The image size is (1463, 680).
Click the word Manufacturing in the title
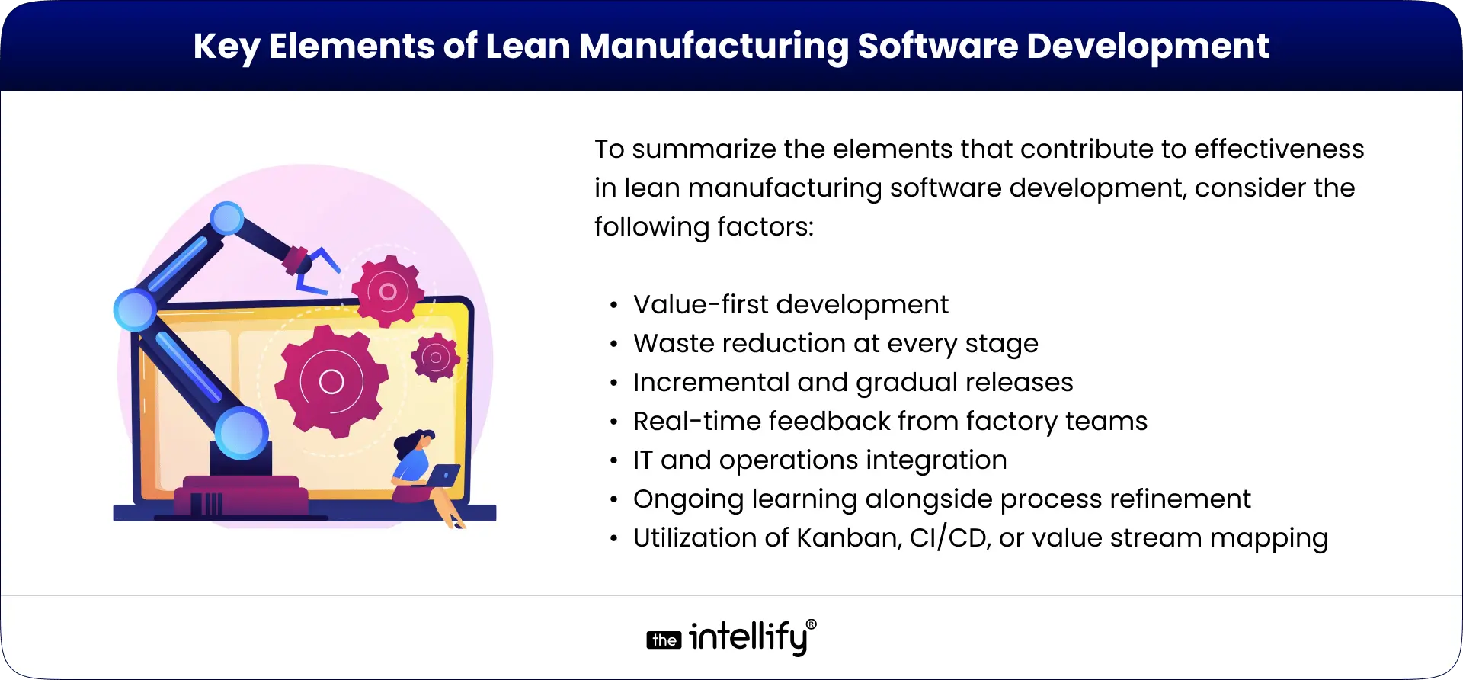click(x=713, y=47)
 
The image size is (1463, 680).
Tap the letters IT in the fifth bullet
click(x=642, y=460)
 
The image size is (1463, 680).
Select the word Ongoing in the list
click(x=688, y=499)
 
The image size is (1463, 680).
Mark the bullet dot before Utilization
click(x=614, y=539)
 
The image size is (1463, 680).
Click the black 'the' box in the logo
click(x=664, y=640)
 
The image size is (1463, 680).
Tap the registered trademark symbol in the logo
click(x=811, y=624)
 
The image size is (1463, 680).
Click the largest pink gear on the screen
click(x=331, y=380)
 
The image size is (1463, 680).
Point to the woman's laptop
click(x=443, y=476)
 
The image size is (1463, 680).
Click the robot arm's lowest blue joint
click(x=242, y=432)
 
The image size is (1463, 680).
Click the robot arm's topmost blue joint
click(x=226, y=218)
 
